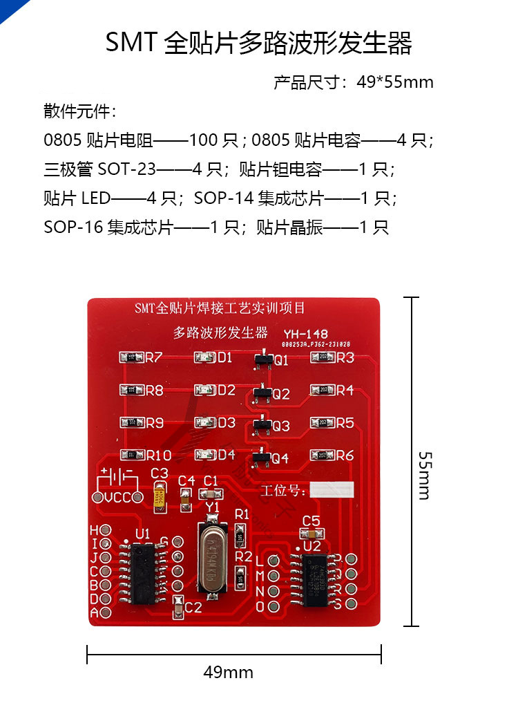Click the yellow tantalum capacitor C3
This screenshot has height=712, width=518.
tap(160, 496)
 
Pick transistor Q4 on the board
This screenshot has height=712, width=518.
tap(261, 456)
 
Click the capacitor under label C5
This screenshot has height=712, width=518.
tap(311, 534)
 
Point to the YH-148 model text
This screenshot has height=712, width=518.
tap(305, 334)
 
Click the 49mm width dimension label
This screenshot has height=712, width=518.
tap(228, 672)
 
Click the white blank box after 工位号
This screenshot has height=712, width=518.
tap(332, 489)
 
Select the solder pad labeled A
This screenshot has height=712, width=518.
tap(106, 612)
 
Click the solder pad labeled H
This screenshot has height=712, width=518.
tap(106, 530)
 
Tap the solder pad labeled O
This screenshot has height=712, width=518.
tap(274, 607)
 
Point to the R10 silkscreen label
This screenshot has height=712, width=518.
tap(159, 456)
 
